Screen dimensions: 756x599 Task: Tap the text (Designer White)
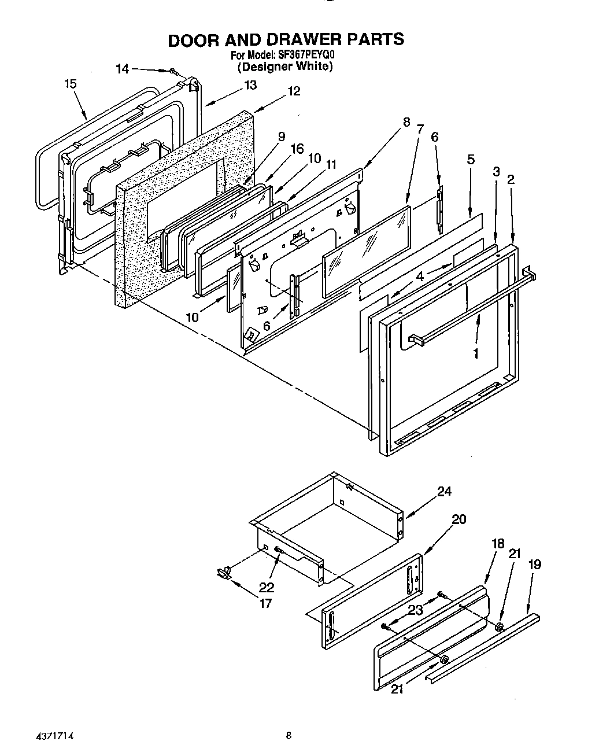point(286,67)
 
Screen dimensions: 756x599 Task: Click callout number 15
point(70,84)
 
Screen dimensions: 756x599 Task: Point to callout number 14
point(123,69)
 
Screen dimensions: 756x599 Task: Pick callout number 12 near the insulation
point(294,91)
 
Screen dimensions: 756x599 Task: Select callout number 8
point(406,122)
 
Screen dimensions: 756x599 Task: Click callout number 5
point(471,159)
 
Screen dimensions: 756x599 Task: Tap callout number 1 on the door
point(475,353)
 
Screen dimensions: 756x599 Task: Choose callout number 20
point(458,519)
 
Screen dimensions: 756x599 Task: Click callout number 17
point(265,604)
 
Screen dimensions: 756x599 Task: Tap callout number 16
point(297,149)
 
